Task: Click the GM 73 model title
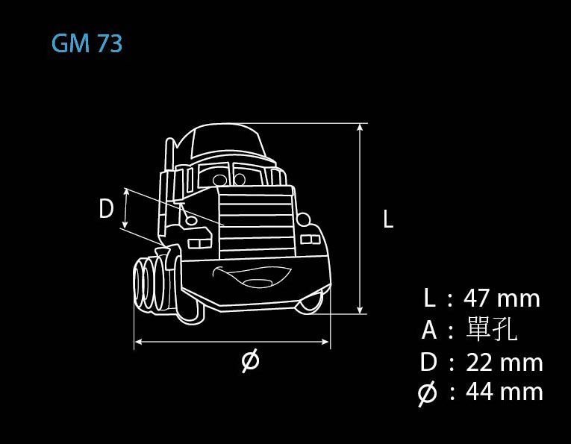(x=87, y=44)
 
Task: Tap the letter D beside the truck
(x=106, y=208)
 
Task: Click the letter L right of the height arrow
(x=388, y=219)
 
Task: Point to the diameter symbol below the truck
(x=251, y=360)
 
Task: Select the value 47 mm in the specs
(x=502, y=298)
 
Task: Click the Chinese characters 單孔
(x=492, y=328)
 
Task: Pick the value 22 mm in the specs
(x=505, y=363)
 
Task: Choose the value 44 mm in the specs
(x=505, y=392)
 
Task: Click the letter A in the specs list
(x=429, y=330)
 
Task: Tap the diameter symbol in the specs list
(x=427, y=393)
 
